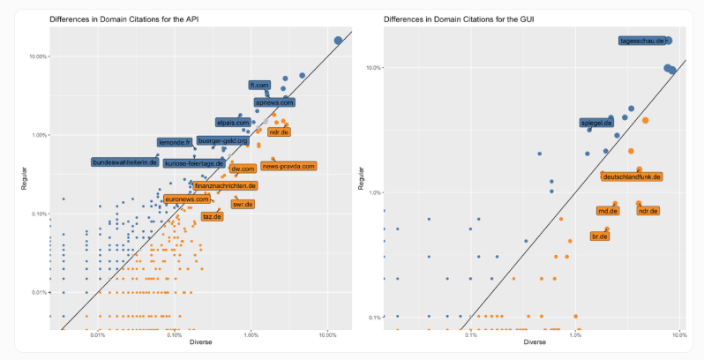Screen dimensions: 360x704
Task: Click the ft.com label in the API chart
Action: coord(258,86)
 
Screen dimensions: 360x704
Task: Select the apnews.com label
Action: coord(273,102)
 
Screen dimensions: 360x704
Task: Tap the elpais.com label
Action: coord(233,123)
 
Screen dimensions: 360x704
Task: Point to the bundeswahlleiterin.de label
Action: coord(124,162)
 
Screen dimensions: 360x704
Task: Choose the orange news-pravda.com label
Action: coord(288,166)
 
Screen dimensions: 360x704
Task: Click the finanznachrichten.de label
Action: coord(225,186)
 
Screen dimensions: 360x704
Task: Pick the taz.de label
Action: coord(212,216)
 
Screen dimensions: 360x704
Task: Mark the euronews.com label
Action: coord(187,199)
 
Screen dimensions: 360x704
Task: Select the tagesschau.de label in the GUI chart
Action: coord(641,41)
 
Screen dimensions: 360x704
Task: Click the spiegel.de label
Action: coord(596,123)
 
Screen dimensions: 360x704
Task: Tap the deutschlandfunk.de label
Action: coord(632,176)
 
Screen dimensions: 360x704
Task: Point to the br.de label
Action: coord(600,236)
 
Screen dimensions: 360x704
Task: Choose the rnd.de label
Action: coord(607,211)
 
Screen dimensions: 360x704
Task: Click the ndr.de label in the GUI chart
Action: coord(648,211)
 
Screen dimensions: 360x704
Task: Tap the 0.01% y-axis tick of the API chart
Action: coord(40,292)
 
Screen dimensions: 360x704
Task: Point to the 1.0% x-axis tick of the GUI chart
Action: coord(575,335)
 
